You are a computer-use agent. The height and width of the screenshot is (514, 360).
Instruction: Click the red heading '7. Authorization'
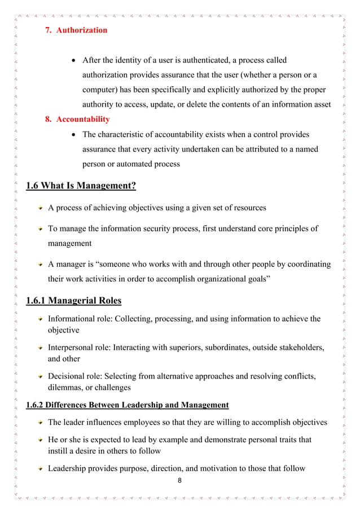[76, 30]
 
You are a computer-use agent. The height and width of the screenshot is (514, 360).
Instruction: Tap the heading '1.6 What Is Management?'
[81, 186]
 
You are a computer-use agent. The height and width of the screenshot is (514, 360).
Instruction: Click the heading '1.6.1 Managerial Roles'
[74, 300]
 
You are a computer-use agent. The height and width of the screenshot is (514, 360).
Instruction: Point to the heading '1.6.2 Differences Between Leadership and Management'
[127, 405]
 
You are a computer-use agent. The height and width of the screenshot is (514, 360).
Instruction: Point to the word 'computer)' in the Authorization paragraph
[102, 89]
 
